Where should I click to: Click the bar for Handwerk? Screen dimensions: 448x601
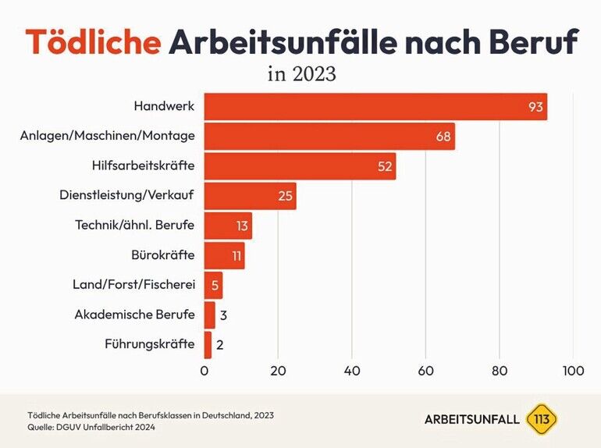coord(375,107)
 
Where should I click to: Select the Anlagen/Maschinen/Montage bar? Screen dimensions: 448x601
coord(328,137)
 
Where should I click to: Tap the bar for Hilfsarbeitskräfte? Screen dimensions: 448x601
coord(300,166)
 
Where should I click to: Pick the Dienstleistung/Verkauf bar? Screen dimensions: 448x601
coord(250,196)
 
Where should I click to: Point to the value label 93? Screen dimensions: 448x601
coord(535,107)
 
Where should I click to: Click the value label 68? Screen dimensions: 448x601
coord(443,137)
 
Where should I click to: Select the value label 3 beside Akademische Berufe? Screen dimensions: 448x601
coord(223,315)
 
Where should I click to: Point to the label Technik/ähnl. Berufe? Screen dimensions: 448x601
coord(134,226)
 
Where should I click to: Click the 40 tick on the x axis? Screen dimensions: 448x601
coord(352,372)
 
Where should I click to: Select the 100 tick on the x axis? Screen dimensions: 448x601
coord(573,372)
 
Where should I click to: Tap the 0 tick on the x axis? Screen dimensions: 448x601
coord(204,372)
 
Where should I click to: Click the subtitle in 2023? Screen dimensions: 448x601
coord(301,75)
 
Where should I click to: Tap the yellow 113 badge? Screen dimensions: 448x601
coord(542,419)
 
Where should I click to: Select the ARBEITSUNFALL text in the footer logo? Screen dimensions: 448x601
coord(471,419)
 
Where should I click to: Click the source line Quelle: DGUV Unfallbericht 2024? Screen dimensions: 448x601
coord(91,427)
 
